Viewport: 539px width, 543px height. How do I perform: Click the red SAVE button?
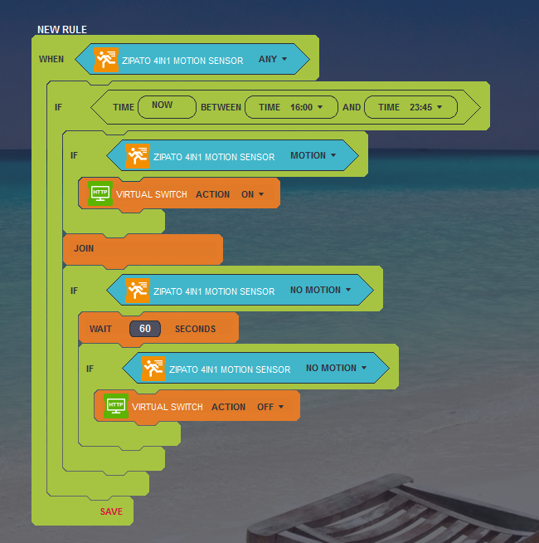coord(111,511)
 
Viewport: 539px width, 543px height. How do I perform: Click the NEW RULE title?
coord(62,30)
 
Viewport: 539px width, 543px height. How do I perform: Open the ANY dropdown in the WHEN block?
coord(273,59)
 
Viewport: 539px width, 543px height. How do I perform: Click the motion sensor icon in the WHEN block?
coord(106,60)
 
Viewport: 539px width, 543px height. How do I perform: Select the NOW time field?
coord(168,107)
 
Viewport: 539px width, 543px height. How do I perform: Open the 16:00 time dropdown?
coord(307,107)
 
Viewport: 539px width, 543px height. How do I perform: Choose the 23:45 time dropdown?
coord(426,107)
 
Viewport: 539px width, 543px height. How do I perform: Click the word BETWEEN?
coord(221,107)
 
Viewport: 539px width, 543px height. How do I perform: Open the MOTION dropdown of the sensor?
coord(313,155)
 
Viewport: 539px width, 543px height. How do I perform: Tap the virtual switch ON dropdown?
coord(253,194)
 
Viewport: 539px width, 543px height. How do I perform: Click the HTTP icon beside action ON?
coord(100,193)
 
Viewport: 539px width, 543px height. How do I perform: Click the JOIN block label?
coord(84,248)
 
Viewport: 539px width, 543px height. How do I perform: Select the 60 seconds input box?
coord(145,328)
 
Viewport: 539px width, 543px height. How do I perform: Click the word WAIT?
coord(100,329)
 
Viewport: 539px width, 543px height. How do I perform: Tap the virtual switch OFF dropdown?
coord(270,407)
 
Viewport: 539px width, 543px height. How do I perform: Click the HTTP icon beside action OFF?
coord(116,405)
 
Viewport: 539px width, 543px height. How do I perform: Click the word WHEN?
coord(51,59)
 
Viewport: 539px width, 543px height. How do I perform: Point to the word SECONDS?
coord(195,329)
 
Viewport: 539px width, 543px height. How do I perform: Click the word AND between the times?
coord(352,107)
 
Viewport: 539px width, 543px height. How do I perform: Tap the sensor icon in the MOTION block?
coord(138,156)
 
